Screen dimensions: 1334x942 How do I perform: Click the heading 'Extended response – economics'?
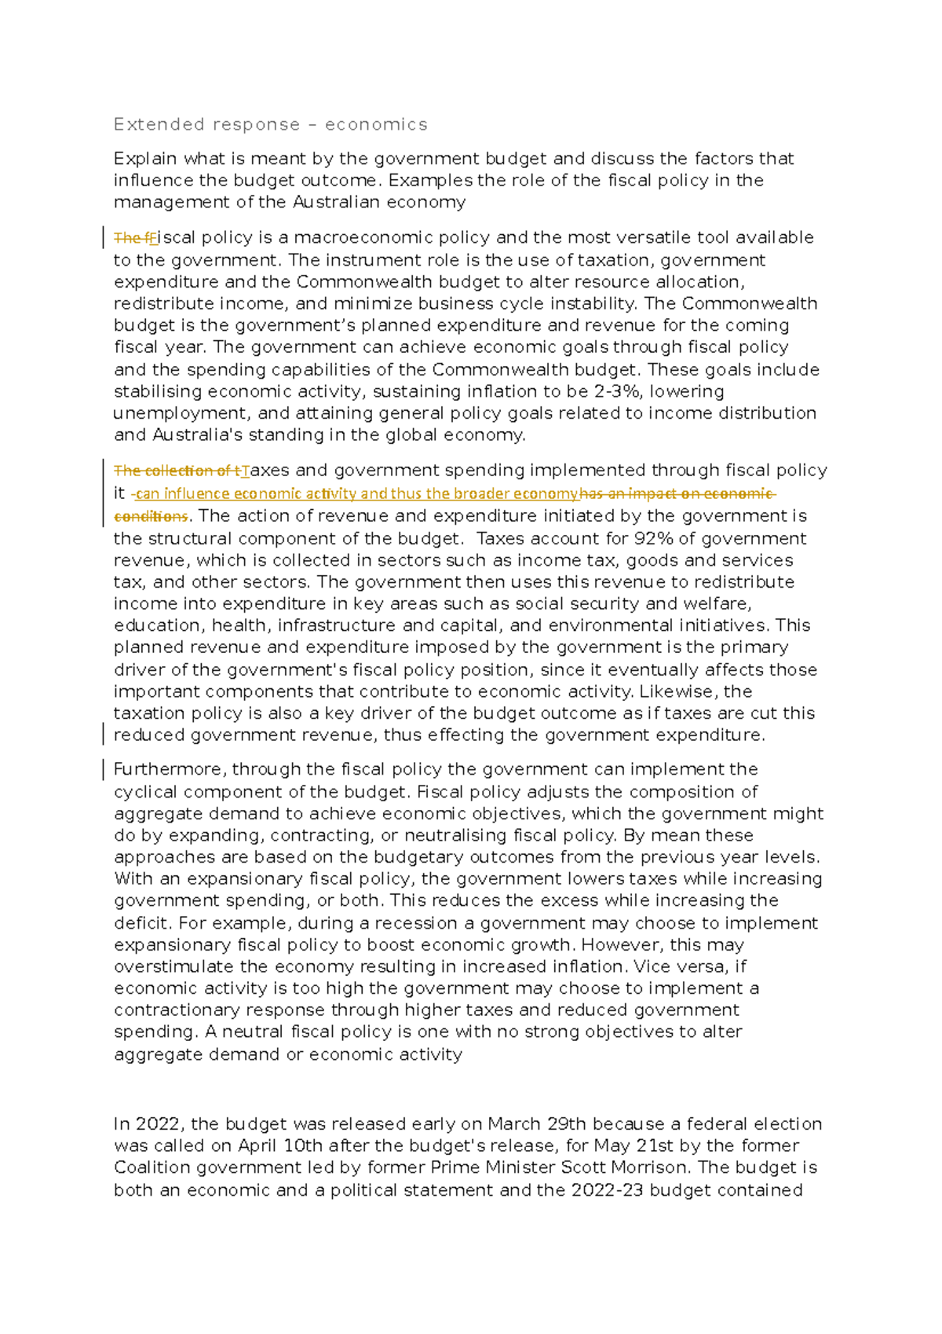(270, 124)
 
